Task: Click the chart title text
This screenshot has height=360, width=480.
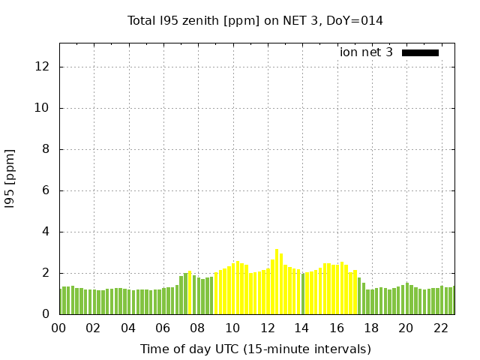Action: coord(255,21)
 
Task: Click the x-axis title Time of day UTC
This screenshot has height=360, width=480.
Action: coord(255,349)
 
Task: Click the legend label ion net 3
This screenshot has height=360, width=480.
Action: coord(366,52)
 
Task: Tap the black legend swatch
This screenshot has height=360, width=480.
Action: coord(420,52)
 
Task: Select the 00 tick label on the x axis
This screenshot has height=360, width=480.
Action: coord(59,328)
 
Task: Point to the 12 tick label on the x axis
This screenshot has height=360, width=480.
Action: coord(267,328)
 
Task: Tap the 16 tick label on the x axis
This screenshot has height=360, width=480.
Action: coord(336,328)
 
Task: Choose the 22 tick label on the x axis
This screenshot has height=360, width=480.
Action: coord(440,328)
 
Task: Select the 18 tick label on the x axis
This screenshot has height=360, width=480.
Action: coord(371,328)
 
